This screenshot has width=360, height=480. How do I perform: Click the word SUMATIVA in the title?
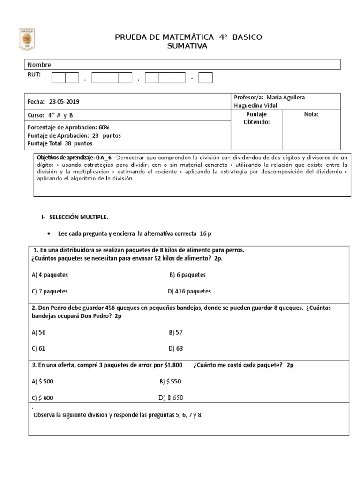[x=187, y=46]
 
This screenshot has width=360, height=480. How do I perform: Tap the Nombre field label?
[x=39, y=65]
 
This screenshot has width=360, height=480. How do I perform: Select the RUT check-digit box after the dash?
[x=205, y=78]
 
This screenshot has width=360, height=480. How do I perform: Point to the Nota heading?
[x=311, y=114]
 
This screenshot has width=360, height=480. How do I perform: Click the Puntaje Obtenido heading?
[x=256, y=118]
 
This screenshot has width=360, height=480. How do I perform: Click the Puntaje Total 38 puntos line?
[x=60, y=143]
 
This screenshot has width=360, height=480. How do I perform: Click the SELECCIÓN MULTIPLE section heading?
[x=77, y=217]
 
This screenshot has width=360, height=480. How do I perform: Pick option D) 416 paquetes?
[x=189, y=291]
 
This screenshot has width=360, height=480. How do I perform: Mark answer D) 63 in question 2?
[x=176, y=348]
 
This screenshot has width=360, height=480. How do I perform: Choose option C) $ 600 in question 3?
[x=42, y=397]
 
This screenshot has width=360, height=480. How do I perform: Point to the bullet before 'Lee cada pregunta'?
[x=49, y=233]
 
